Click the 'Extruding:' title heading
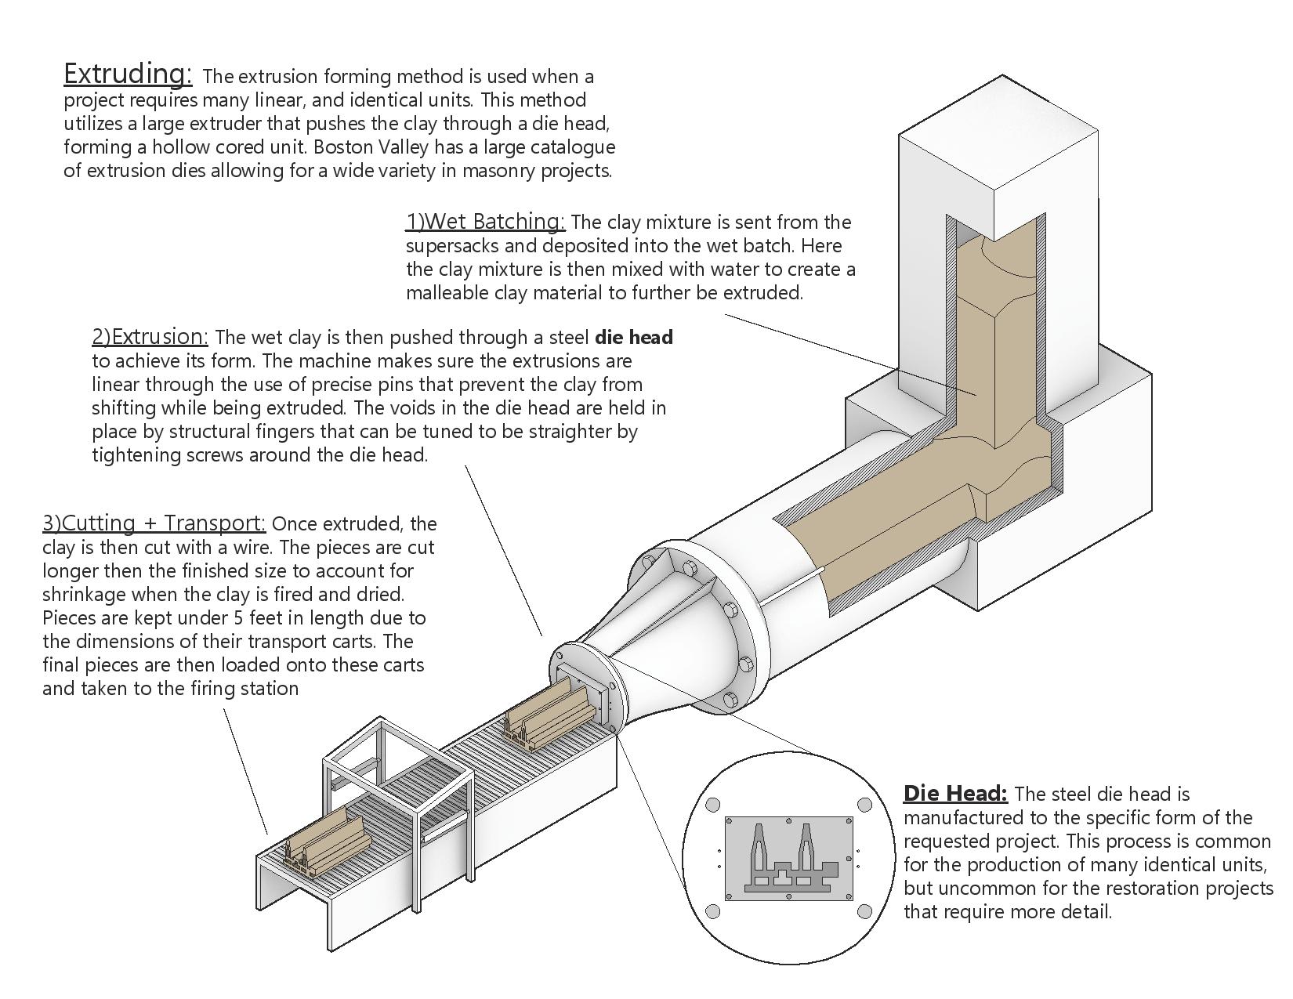click(x=127, y=74)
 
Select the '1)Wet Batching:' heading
click(x=484, y=222)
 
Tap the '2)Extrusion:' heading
click(x=150, y=337)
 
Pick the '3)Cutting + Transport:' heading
click(x=154, y=523)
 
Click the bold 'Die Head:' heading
click(x=954, y=794)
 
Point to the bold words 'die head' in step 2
click(x=633, y=338)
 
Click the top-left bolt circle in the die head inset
click(x=713, y=805)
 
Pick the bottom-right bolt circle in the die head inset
click(x=864, y=911)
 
